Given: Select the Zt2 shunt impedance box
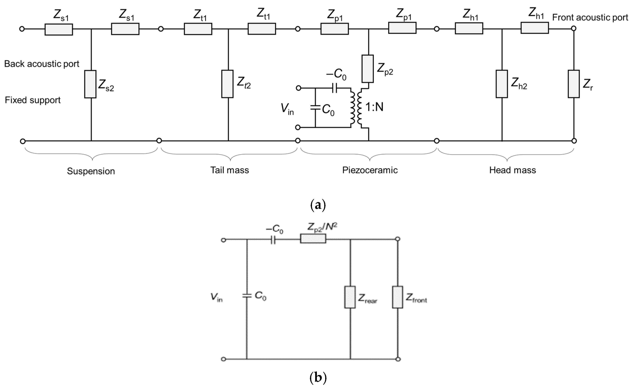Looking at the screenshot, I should tap(227, 84).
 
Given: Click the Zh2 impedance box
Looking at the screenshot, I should tap(502, 84).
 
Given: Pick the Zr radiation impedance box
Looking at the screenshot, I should tap(574, 84).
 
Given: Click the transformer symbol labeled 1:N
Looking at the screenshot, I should tap(356, 108).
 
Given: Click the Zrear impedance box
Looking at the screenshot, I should tap(350, 297).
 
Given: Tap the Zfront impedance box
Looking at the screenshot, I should tap(397, 297).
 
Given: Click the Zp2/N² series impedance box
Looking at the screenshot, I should tap(313, 238).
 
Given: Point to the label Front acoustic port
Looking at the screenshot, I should tap(590, 17).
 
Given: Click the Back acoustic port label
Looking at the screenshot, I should tap(42, 64).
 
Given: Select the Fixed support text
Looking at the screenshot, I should tap(33, 100).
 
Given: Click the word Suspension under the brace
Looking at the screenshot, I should tap(91, 171).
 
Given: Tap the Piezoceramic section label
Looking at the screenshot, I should tap(370, 170).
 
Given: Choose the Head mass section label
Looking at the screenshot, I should tap(512, 170).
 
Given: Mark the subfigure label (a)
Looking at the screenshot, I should tap(318, 205).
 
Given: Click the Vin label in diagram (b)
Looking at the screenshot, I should tap(217, 297).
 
